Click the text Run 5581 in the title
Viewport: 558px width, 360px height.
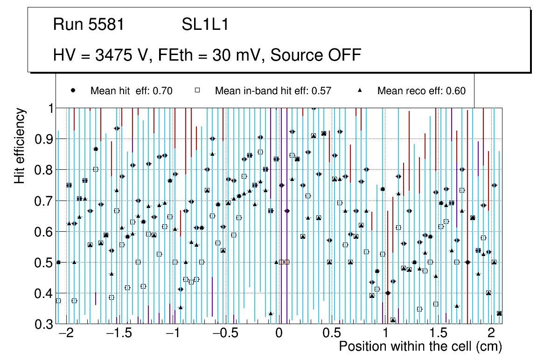tap(89, 25)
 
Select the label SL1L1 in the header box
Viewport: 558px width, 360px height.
tap(205, 25)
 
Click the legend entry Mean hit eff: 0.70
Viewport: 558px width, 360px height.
tap(132, 91)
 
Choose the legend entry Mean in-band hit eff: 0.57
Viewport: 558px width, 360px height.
tap(273, 91)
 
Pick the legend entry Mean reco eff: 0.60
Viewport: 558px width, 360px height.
tap(421, 91)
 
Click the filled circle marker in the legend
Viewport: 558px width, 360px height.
tap(73, 90)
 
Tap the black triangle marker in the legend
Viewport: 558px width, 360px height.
tap(360, 90)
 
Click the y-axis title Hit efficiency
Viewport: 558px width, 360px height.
tap(20, 145)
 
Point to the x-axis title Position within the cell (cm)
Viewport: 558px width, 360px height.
tap(420, 346)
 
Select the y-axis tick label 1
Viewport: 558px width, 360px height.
tap(49, 108)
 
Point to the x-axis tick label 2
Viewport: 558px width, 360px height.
tap(491, 334)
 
